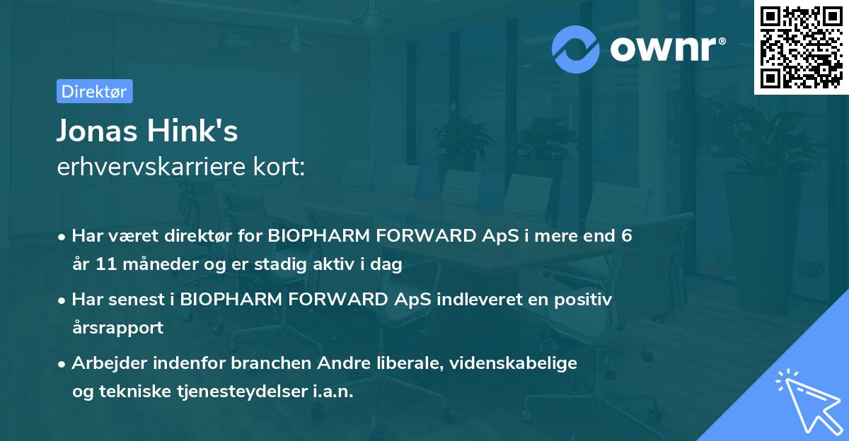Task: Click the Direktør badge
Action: tap(94, 91)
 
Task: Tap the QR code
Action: tap(801, 47)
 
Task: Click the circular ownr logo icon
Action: tap(576, 49)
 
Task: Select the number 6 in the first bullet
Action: tap(626, 236)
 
